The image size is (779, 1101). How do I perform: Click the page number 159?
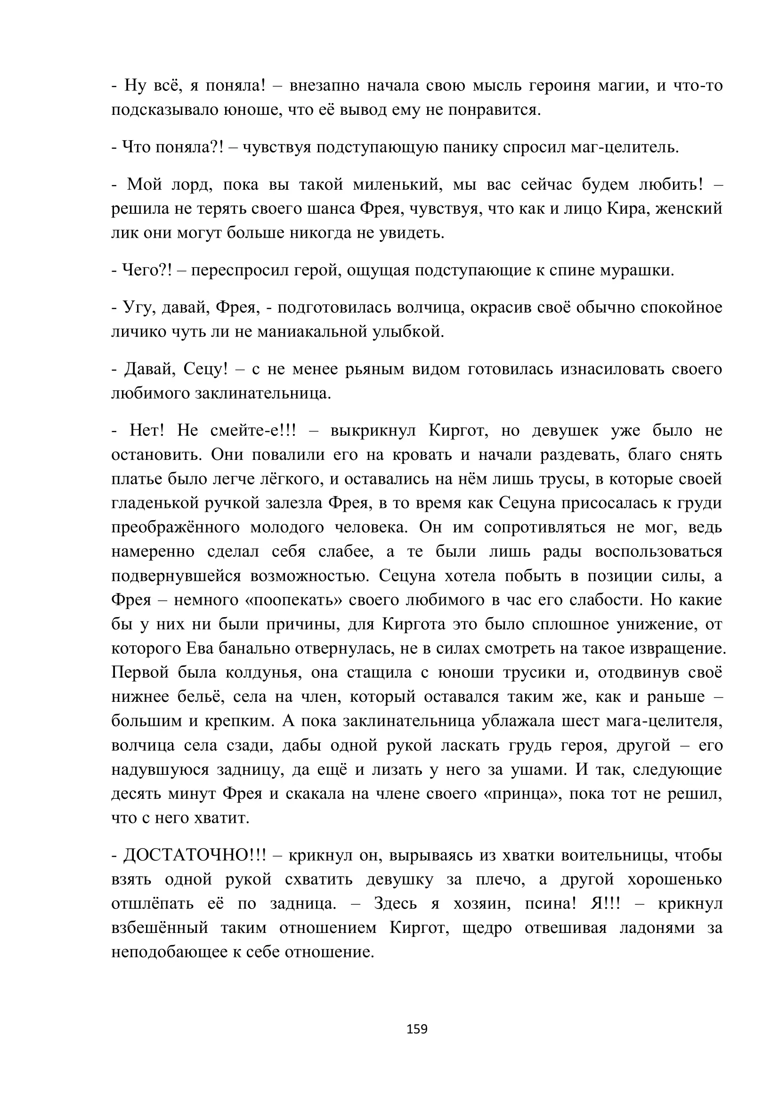417,1029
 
